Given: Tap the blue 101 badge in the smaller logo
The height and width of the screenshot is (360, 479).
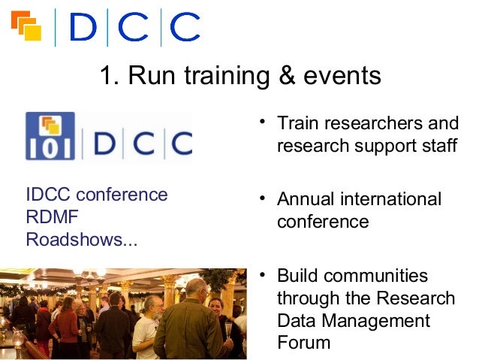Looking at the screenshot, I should point(50,136).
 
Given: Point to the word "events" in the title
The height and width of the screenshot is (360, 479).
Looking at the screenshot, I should point(339,76).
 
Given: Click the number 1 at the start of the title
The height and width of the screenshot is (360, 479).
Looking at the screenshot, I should point(108,76).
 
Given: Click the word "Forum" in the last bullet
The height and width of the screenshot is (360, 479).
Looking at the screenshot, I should point(303,343).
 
